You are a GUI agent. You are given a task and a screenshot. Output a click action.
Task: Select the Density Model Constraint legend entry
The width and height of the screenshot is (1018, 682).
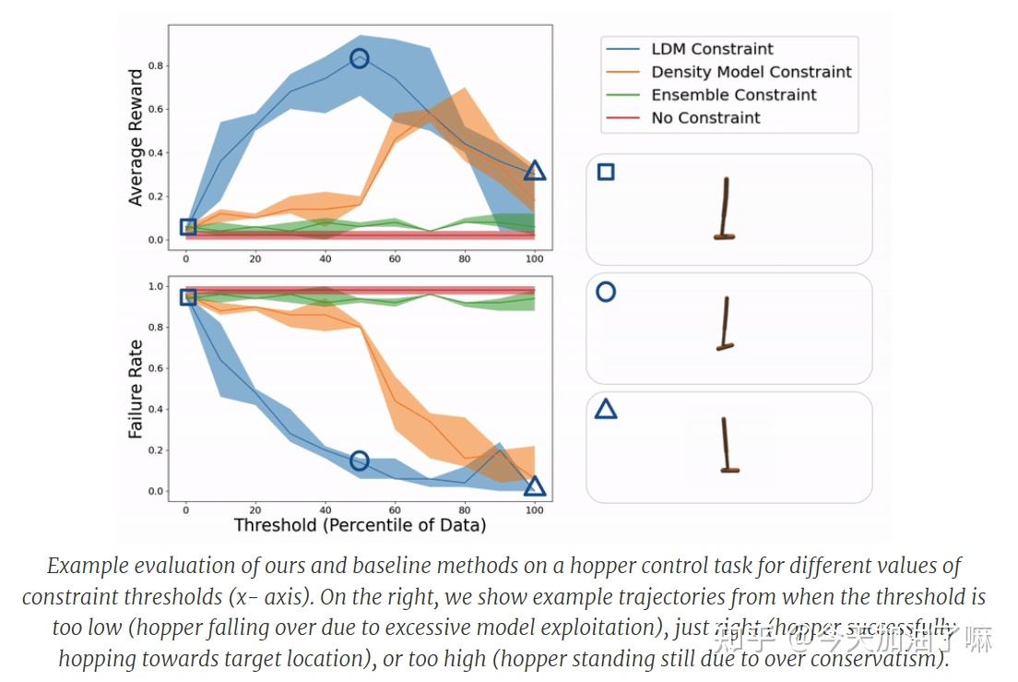tap(751, 72)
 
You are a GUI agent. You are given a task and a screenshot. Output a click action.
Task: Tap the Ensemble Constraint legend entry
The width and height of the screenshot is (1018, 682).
tap(733, 95)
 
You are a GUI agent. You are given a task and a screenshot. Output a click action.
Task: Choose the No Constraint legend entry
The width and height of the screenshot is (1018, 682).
tap(705, 118)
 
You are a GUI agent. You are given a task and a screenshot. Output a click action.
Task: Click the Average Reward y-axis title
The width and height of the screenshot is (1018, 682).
tap(136, 138)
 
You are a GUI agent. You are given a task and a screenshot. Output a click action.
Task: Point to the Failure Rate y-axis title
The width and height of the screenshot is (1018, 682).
tap(136, 389)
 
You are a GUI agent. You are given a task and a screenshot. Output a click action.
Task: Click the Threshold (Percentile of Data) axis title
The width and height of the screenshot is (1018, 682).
tap(360, 525)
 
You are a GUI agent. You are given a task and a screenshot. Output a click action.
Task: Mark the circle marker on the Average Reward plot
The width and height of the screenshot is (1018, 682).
tap(360, 59)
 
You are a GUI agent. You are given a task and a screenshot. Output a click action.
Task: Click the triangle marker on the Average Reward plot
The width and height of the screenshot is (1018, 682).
tap(535, 171)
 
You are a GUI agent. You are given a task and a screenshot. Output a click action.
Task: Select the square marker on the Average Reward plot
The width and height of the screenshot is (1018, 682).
tap(187, 227)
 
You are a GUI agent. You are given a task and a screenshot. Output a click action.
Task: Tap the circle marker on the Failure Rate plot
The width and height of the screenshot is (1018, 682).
tap(360, 461)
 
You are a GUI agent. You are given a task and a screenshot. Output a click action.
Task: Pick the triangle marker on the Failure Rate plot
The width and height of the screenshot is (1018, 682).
tap(535, 486)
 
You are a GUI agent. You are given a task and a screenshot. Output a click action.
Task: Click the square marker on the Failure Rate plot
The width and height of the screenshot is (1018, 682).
tap(187, 297)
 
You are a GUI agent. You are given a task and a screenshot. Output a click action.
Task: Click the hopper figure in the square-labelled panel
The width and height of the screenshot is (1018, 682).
tap(726, 210)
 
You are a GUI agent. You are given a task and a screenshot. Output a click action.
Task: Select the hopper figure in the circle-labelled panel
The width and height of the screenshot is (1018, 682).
tap(726, 324)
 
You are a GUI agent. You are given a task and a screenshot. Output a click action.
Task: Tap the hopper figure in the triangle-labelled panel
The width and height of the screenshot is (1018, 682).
tap(728, 445)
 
